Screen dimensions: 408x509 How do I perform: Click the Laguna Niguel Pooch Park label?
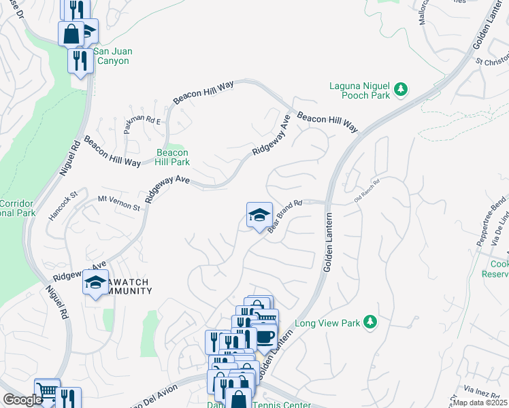(359, 91)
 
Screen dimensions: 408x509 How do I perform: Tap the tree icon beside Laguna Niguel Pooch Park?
(401, 88)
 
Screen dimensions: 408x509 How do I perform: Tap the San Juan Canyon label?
(112, 56)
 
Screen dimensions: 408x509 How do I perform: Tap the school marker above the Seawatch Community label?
(95, 281)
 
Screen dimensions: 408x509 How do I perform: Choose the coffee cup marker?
(265, 336)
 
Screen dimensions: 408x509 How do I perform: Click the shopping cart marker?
(46, 390)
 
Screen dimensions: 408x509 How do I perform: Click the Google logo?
(22, 400)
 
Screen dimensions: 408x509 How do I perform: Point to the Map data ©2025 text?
(480, 403)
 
